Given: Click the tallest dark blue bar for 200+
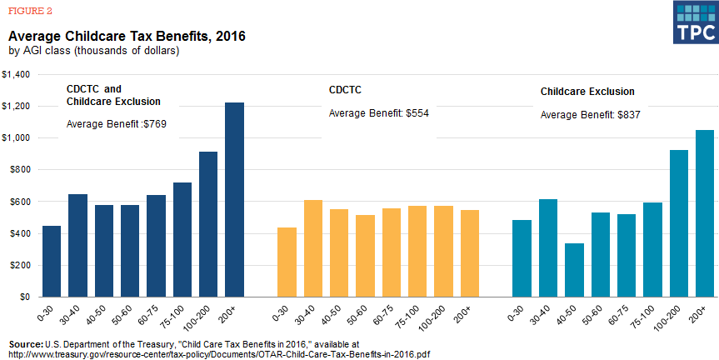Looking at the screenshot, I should click(234, 200).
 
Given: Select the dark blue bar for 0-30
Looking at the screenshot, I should click(52, 261).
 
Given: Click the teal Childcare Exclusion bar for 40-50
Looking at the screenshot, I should click(575, 270).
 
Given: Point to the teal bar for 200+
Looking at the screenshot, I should click(705, 213).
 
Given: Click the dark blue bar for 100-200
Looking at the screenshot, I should click(208, 224).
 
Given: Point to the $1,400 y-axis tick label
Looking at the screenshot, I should click(16, 75).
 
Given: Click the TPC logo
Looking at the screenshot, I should click(695, 22).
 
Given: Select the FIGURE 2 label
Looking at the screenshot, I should click(29, 10).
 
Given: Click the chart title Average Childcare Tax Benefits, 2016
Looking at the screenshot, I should click(127, 37).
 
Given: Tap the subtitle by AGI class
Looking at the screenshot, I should click(94, 51).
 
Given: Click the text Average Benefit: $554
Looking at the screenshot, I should click(378, 112).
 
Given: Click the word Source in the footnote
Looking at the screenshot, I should click(26, 343).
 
